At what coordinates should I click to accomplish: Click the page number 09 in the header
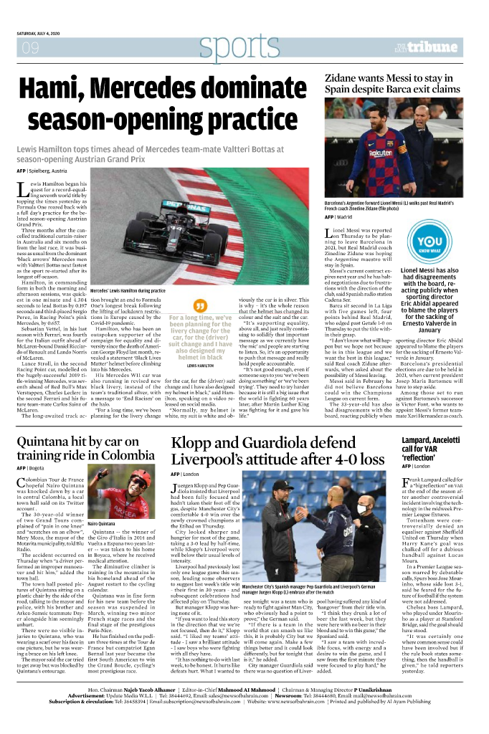point(30,48)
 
